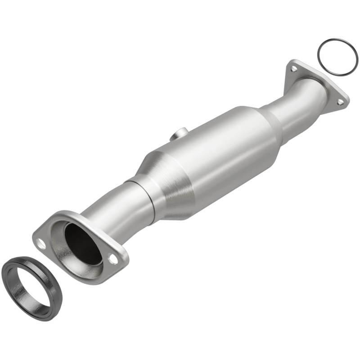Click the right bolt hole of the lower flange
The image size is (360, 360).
coord(113,260)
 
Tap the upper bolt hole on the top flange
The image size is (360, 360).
coord(293,69)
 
